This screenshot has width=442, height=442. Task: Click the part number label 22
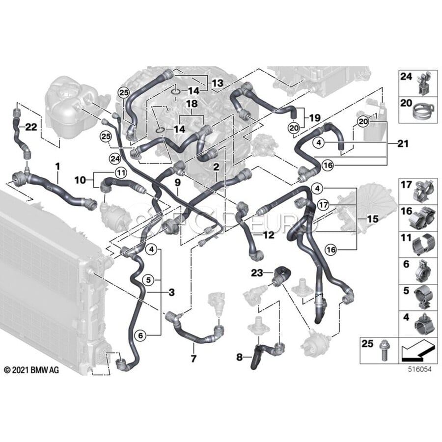[x=31, y=127]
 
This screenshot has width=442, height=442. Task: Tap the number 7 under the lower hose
[x=193, y=359]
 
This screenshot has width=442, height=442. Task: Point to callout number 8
[x=239, y=358]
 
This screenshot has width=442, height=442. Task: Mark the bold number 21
[x=403, y=144]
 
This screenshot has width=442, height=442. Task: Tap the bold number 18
[x=192, y=105]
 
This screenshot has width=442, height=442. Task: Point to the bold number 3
[x=171, y=293]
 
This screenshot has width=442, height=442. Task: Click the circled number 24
[x=115, y=158]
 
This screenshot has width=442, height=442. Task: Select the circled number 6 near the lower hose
[x=140, y=335]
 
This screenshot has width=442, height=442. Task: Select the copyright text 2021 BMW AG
[x=31, y=369]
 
